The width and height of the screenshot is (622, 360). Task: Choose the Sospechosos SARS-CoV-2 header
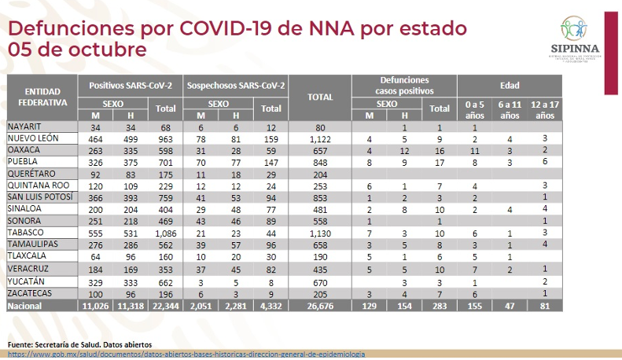click(234, 85)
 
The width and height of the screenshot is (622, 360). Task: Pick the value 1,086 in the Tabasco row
click(165, 233)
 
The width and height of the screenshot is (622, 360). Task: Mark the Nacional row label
click(26, 306)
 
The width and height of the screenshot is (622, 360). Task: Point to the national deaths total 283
click(440, 306)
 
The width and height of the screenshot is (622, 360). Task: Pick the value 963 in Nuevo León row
click(165, 138)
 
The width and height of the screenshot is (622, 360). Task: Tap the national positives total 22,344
click(165, 306)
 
